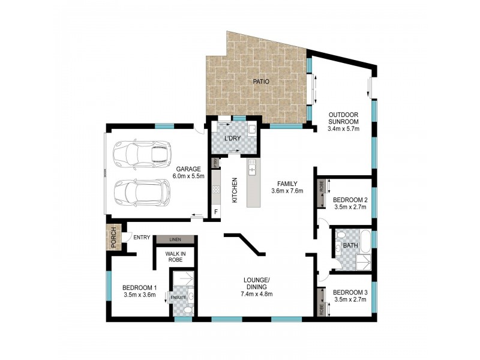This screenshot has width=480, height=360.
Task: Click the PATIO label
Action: pyautogui.click(x=261, y=80)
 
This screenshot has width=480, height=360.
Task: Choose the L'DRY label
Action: pyautogui.click(x=232, y=139)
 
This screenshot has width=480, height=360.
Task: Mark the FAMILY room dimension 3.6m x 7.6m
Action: pyautogui.click(x=287, y=191)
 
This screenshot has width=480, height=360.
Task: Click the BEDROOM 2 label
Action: pyautogui.click(x=350, y=200)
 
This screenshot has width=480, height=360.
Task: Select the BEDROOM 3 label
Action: pyautogui.click(x=350, y=293)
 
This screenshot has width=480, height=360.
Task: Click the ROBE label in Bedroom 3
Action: pyautogui.click(x=322, y=308)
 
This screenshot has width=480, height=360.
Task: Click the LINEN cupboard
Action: pyautogui.click(x=175, y=239)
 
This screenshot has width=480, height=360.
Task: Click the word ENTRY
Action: pyautogui.click(x=141, y=238)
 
